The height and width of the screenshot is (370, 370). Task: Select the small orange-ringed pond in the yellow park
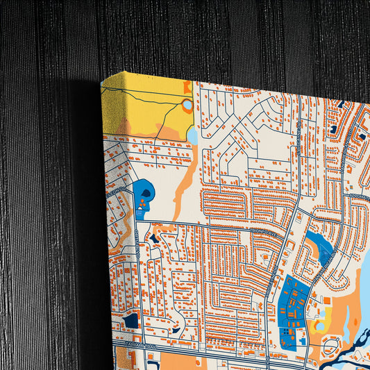tap(187, 106)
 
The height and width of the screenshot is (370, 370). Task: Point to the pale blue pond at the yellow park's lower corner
tap(192, 136)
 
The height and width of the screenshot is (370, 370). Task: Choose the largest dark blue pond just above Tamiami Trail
tap(131, 320)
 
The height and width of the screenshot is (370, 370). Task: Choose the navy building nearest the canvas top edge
tap(334, 129)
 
